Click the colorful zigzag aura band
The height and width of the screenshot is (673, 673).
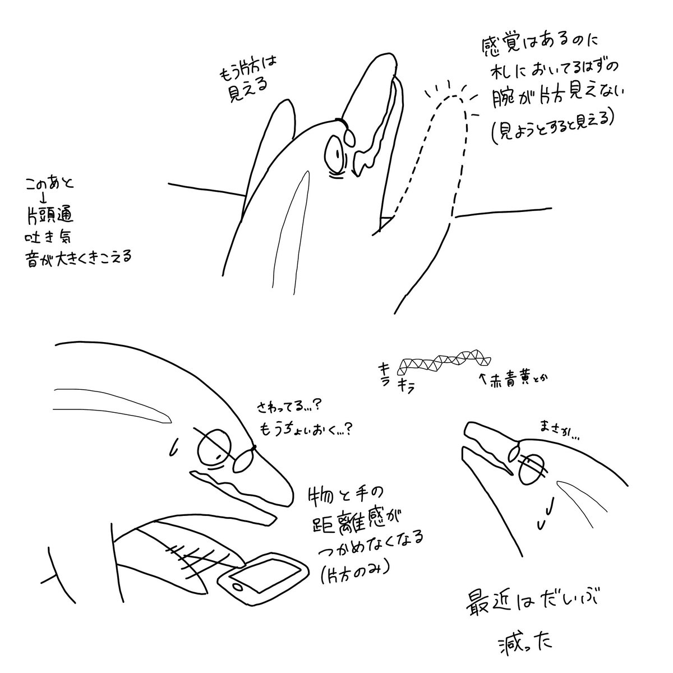click(443, 361)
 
